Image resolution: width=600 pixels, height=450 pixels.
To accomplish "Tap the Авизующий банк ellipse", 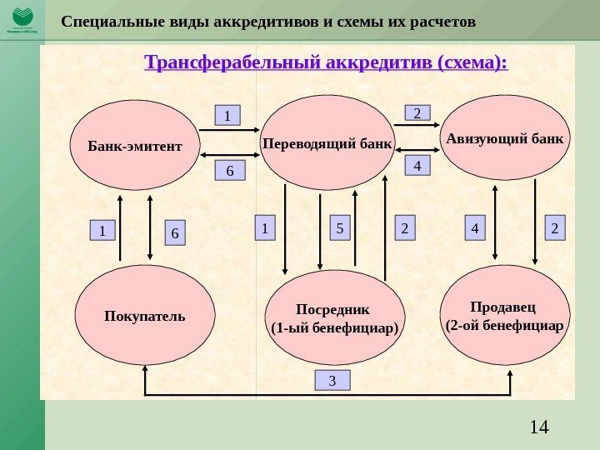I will coord(503,137).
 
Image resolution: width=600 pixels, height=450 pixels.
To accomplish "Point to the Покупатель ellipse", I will coord(145,316).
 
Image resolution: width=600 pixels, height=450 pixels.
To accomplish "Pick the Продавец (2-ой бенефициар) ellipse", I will coord(503,315).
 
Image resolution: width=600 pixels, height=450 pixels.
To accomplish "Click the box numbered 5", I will coord(339,227).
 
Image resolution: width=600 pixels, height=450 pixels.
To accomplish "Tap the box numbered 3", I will coord(332,382).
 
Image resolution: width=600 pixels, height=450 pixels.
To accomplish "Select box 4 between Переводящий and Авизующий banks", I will coord(417,166).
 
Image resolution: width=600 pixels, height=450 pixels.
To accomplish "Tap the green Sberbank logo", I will coord(22,19).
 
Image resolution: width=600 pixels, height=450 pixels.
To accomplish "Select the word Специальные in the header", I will coord(107,19).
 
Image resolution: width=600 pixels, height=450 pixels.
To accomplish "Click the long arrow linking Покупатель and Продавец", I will coord(329,393).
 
